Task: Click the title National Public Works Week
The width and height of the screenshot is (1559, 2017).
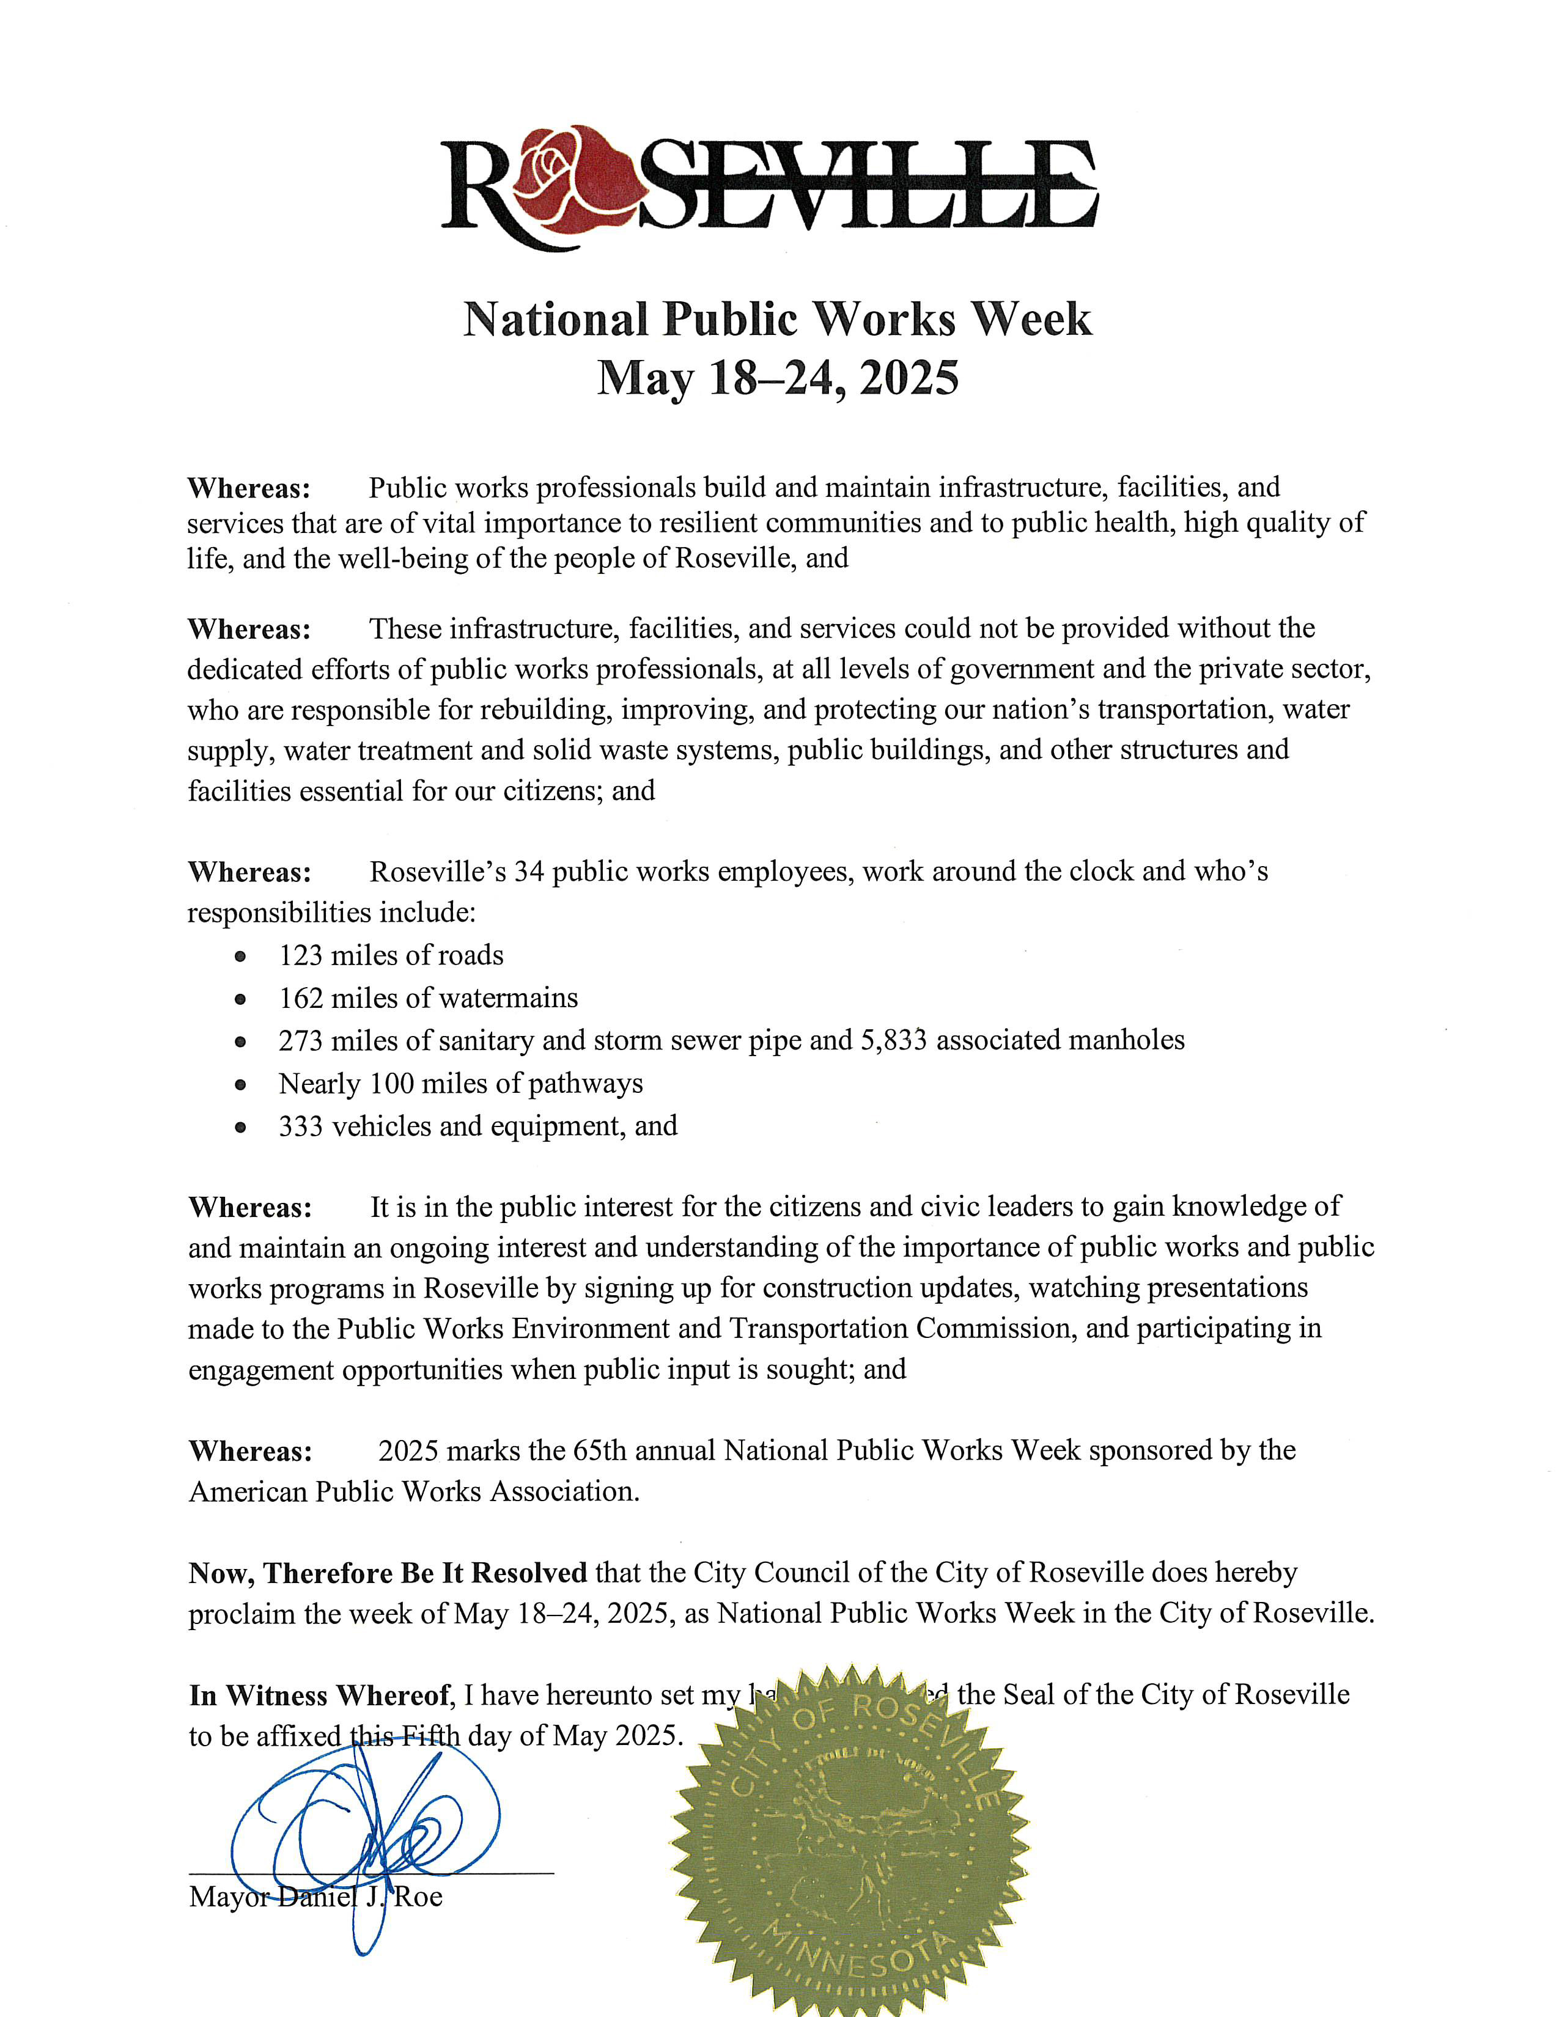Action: coord(778,320)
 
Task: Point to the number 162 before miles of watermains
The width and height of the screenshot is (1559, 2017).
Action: coord(301,998)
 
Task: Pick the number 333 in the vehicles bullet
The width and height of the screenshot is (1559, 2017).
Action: coord(301,1126)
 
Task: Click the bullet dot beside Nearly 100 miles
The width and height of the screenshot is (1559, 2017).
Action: coord(240,1085)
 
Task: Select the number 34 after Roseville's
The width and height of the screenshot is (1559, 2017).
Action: coord(529,872)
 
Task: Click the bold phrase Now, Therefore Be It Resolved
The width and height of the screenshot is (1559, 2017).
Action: coord(388,1572)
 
